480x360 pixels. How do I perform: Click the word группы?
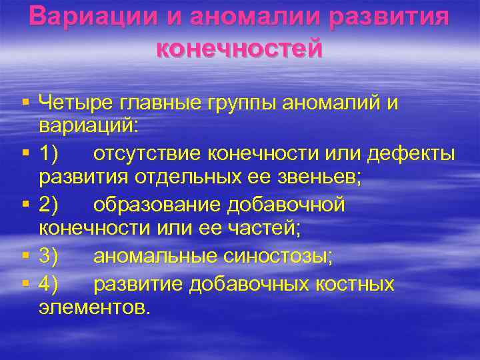(x=243, y=103)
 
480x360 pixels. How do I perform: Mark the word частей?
(x=261, y=229)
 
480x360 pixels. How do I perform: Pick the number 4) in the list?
(x=49, y=285)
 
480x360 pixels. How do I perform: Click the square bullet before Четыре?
(x=25, y=102)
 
